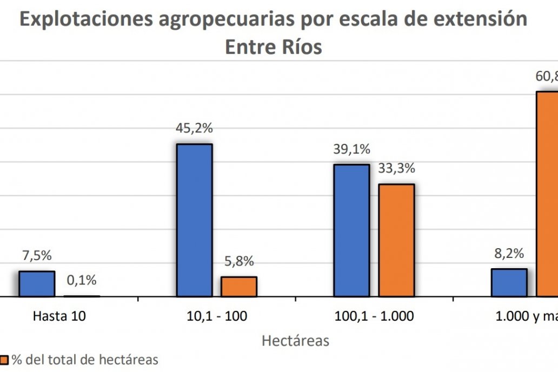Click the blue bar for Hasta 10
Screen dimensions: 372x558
coord(37,284)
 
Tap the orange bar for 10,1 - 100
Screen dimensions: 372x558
coord(239,287)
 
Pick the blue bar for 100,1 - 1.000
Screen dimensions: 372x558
coord(351,230)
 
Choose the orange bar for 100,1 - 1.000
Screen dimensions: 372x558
coord(396,240)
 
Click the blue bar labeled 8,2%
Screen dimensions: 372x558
coord(509,282)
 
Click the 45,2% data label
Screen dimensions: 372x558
coord(195,129)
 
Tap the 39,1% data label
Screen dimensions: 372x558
coord(351,149)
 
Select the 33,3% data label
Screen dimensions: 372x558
coord(396,169)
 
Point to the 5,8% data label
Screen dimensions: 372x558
coord(239,262)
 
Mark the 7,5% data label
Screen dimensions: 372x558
coord(37,256)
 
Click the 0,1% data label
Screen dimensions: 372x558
coord(82,280)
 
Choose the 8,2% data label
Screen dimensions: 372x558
coord(509,254)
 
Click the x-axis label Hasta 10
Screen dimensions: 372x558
coord(59,316)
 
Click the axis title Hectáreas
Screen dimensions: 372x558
coord(295,341)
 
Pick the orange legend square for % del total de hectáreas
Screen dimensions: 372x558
coord(4,360)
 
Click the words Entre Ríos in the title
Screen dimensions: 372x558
coord(273,46)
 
